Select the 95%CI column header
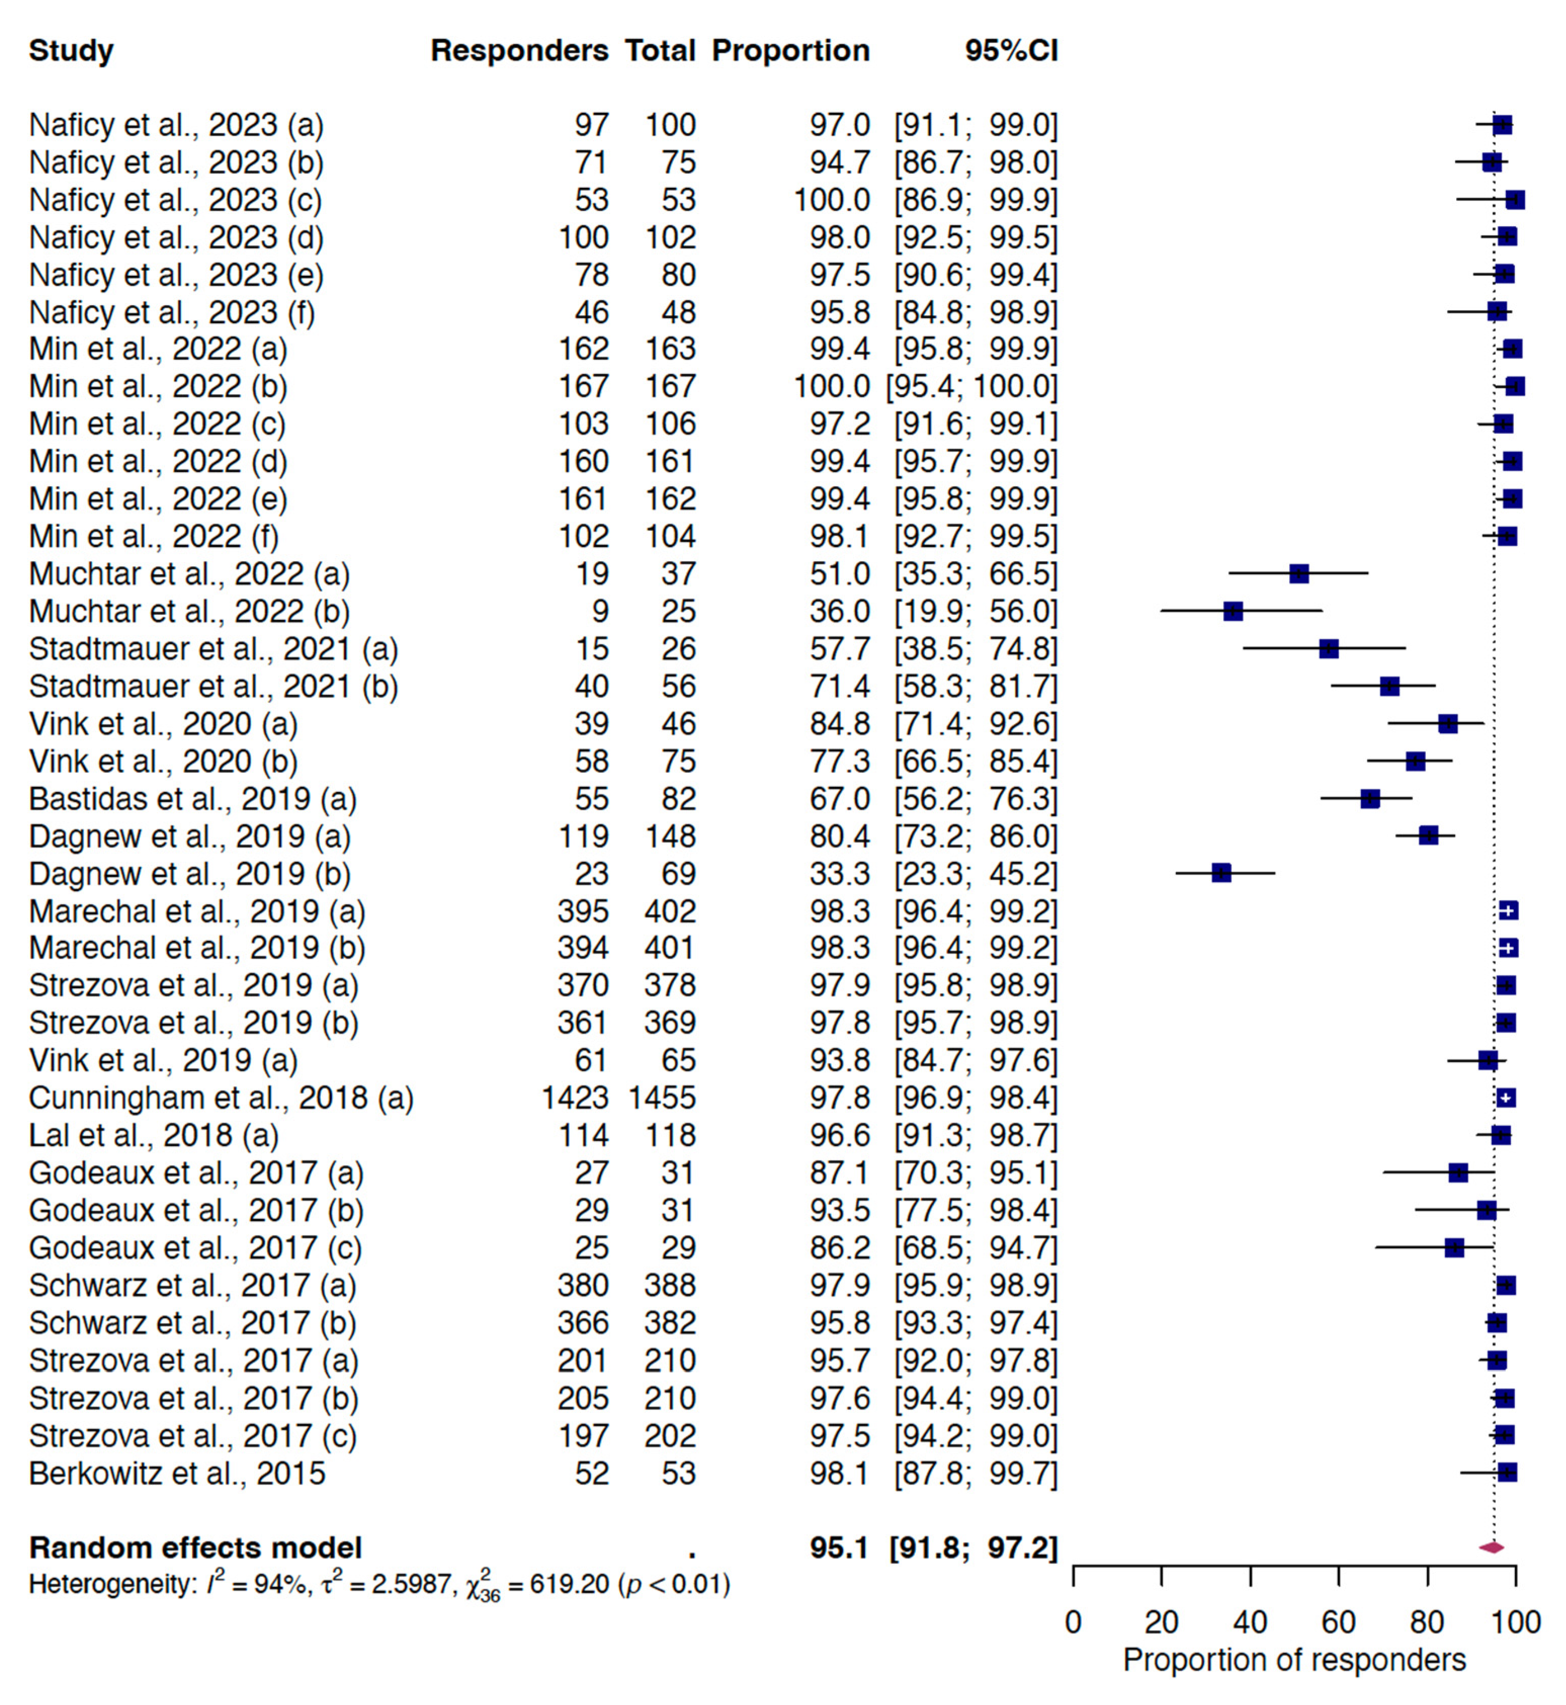[x=1011, y=51]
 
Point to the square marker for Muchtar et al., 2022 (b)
[x=1233, y=611]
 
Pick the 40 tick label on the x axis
[x=1250, y=1623]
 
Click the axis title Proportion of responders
[x=1294, y=1660]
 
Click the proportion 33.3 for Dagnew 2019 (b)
[x=839, y=874]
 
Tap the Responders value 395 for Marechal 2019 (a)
[x=583, y=911]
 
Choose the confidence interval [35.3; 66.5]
[x=976, y=574]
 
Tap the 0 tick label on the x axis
[x=1074, y=1623]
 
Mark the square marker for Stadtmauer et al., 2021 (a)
[x=1329, y=649]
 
